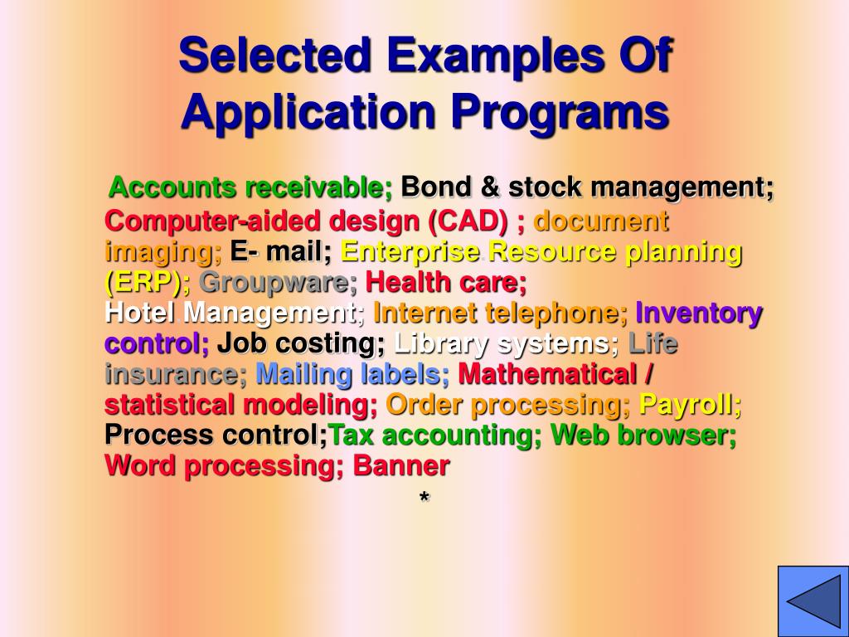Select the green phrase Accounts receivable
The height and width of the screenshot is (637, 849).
[x=250, y=188]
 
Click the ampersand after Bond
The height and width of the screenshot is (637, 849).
[x=490, y=188]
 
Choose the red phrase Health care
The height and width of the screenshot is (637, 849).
[x=446, y=283]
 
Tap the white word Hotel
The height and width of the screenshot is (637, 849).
[x=140, y=314]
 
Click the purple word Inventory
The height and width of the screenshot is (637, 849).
[x=698, y=314]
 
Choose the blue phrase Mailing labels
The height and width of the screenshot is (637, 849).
[x=352, y=374]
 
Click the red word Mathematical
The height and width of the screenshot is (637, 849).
[x=546, y=374]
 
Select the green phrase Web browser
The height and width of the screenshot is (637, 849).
[x=643, y=435]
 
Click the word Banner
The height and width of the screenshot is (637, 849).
[x=401, y=465]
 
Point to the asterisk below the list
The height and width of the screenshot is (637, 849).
[x=424, y=498]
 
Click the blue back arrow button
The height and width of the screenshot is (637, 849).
[x=813, y=601]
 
